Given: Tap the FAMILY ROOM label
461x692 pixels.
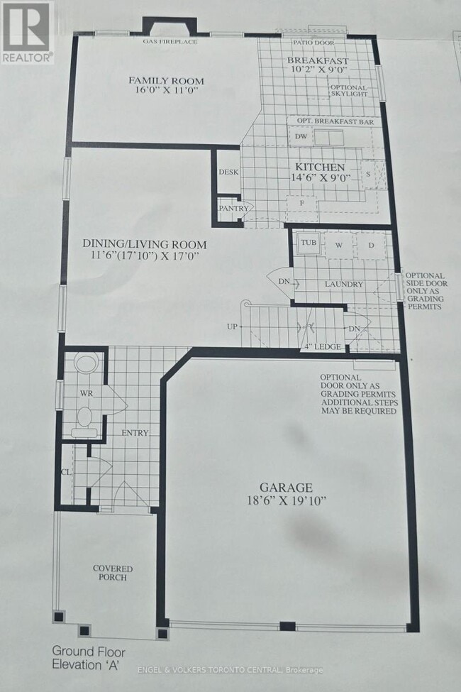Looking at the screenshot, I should [x=156, y=79].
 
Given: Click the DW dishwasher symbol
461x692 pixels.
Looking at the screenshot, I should [x=301, y=136].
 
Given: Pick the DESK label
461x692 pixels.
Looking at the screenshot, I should [x=228, y=172].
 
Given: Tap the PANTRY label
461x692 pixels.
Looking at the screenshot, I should [x=233, y=208].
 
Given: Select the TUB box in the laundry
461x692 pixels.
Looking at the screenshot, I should [x=308, y=243].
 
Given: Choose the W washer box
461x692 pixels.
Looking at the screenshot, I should [x=338, y=245].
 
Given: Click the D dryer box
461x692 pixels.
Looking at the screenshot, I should [x=371, y=245].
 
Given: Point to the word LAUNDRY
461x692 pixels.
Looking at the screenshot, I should [x=344, y=285].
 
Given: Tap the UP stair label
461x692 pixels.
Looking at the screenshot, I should [x=232, y=326].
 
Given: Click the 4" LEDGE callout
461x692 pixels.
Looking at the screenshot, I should [x=323, y=346].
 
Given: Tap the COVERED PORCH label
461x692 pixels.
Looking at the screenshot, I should [x=113, y=573].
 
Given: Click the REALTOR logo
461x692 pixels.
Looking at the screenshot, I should [x=27, y=33].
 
